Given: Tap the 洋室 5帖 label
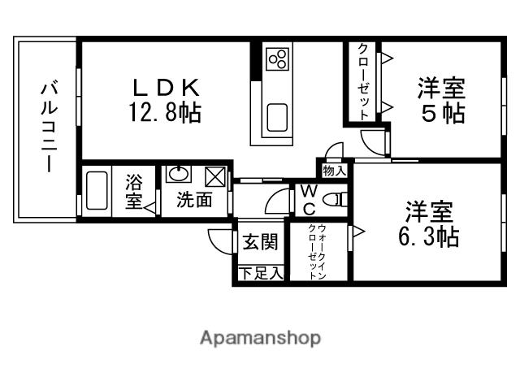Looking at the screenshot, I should point(443,99).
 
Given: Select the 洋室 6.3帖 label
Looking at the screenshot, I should point(430,225).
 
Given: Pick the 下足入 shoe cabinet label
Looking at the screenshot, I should point(260,274).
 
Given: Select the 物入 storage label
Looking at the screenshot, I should point(334,170).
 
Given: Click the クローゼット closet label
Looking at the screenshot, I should point(362,81).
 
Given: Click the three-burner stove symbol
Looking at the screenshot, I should point(278,58).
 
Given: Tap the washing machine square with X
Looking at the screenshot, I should point(215,175).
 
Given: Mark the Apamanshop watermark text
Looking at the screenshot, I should point(260,337).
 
